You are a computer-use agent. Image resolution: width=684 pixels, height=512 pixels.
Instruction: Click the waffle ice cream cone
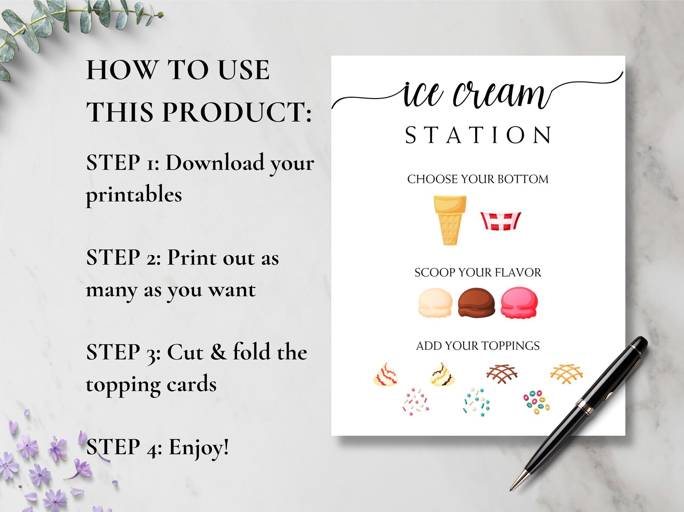[450, 219]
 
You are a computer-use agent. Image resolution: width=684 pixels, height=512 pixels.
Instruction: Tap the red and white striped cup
[501, 221]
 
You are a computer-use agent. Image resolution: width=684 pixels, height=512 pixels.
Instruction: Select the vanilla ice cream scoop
[435, 303]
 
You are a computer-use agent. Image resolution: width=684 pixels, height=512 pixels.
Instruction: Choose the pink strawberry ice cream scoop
[519, 303]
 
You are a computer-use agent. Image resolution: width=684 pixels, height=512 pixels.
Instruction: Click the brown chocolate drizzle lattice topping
[501, 373]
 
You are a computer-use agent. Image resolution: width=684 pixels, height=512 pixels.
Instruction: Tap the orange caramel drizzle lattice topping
[566, 373]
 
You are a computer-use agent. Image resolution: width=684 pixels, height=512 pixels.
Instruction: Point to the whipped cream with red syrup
[386, 375]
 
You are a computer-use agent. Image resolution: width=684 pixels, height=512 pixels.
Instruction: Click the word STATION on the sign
[478, 135]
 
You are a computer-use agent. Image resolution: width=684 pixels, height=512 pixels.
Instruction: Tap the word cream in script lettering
[500, 93]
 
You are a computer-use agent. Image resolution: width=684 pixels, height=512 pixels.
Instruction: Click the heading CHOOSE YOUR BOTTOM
[478, 179]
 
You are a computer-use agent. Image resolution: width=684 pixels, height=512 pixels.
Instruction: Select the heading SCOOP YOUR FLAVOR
[478, 272]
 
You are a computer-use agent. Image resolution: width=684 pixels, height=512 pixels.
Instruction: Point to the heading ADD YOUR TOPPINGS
[478, 346]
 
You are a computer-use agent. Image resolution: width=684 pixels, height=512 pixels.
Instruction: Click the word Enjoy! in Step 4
[199, 447]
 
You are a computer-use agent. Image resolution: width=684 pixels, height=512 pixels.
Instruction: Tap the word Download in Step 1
[215, 163]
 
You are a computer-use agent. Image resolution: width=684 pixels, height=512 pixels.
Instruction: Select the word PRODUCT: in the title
[236, 112]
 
